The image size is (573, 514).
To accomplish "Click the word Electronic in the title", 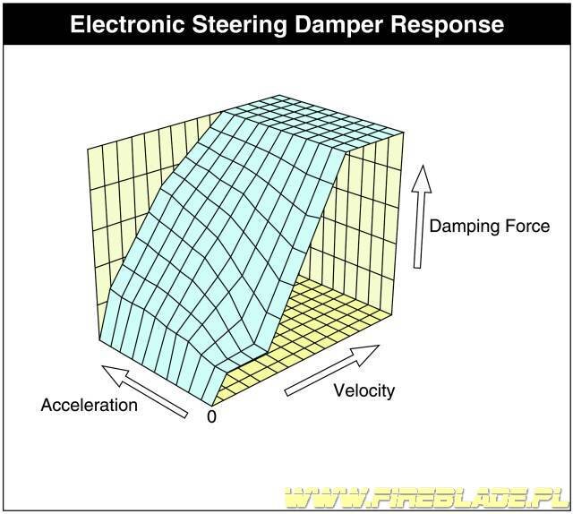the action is [x=127, y=24].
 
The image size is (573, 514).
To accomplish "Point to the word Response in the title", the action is [x=448, y=25].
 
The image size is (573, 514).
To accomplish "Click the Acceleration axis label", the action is [x=90, y=405].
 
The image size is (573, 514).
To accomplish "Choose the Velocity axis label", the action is [x=364, y=390].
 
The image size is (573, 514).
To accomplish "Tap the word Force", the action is [x=527, y=226].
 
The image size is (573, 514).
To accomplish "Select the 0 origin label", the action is [x=211, y=416].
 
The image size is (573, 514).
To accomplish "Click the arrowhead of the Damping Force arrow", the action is [x=422, y=179].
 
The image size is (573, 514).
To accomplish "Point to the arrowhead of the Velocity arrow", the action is [x=366, y=354].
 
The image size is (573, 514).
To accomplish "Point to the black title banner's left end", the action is [x=4, y=24].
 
